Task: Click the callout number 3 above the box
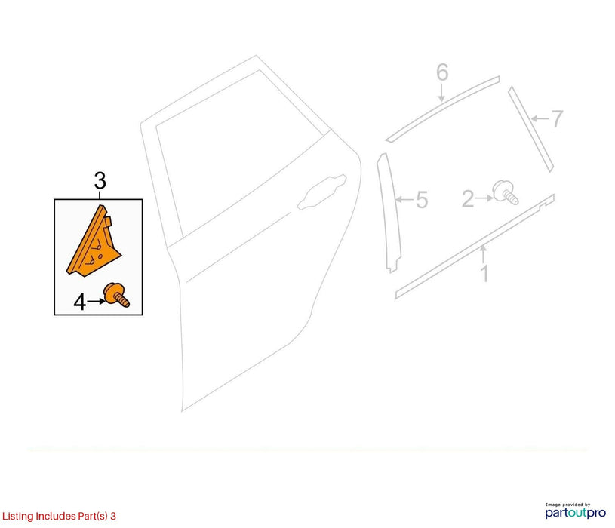tap(100, 181)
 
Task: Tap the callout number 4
tap(80, 302)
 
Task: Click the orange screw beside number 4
tap(116, 295)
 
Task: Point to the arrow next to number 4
tap(96, 301)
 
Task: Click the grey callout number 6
tap(442, 72)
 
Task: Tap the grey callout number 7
tap(557, 118)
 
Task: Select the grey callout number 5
tap(422, 200)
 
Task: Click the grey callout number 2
tap(468, 198)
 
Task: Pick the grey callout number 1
tap(484, 274)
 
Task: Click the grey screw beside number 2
tap(506, 192)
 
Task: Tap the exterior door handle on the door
tap(321, 192)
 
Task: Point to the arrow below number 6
tap(441, 93)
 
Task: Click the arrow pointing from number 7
tap(540, 118)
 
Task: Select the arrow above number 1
tap(483, 254)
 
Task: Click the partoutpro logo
tap(576, 511)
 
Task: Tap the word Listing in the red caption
tap(17, 516)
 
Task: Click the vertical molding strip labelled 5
tap(389, 212)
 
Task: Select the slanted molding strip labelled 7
tap(530, 129)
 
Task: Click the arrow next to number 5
tap(404, 200)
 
